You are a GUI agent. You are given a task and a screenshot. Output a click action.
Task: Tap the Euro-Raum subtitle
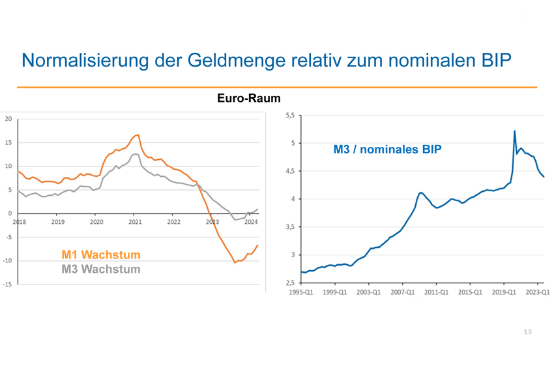249,99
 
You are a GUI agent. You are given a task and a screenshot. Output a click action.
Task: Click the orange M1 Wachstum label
101,255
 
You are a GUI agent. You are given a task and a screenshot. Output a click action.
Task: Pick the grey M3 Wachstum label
101,269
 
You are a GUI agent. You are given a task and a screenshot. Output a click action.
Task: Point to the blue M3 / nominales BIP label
387,149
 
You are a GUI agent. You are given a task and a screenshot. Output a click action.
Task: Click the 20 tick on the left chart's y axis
8,119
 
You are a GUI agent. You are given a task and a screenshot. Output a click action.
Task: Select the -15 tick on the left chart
7,285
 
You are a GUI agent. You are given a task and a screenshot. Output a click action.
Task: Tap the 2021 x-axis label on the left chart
135,223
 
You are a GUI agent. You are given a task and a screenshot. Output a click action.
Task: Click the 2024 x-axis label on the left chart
251,223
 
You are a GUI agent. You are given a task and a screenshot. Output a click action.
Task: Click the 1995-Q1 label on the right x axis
301,292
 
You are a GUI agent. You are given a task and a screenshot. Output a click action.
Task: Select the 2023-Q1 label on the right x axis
538,292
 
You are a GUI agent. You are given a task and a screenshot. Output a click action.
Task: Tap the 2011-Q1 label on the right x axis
436,292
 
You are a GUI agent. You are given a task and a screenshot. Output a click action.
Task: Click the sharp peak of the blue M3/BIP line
515,131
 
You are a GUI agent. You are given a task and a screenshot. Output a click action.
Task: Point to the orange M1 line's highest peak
138,135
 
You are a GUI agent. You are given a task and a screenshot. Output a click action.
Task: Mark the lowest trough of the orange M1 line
235,262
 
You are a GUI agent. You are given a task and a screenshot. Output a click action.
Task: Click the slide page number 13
527,332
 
